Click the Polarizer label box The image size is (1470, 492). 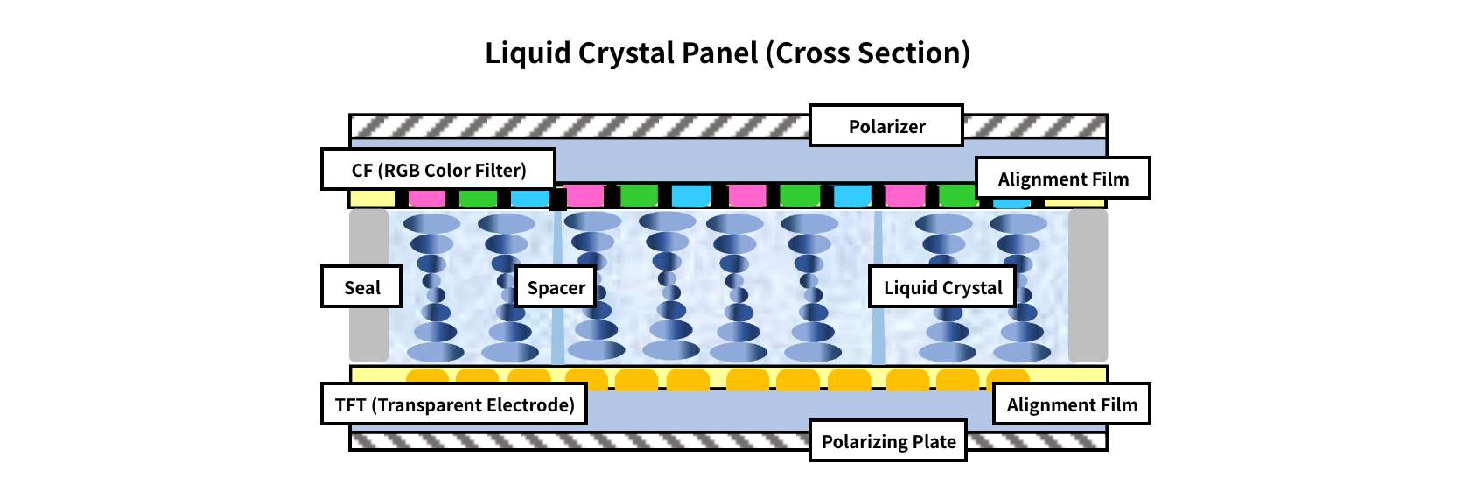(x=885, y=126)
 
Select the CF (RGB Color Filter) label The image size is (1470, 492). (x=437, y=170)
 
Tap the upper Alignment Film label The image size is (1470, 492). (x=1062, y=179)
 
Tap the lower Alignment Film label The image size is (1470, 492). (x=1071, y=404)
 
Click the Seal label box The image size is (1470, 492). (x=360, y=287)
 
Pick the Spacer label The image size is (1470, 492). (x=556, y=287)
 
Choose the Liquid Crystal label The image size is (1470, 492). (x=941, y=287)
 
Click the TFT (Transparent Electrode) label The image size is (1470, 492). (x=453, y=404)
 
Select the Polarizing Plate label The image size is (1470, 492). (x=887, y=441)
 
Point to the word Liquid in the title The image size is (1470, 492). (x=528, y=53)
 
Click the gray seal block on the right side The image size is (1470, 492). (x=1088, y=285)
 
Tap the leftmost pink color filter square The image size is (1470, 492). (x=427, y=199)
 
